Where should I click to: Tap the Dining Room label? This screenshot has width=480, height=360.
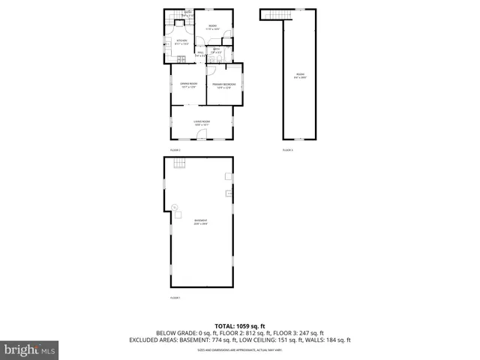point(188,85)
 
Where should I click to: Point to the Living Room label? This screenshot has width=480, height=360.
point(201,121)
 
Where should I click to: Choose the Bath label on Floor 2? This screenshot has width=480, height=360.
point(216,50)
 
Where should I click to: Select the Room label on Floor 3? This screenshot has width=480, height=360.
point(300,75)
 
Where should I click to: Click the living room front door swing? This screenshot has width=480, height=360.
point(200,135)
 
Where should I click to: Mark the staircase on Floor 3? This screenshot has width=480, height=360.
point(275,16)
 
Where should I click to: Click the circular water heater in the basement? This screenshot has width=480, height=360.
point(175,207)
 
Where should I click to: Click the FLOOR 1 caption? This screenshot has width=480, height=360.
point(175,298)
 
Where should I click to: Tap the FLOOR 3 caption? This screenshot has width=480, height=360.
point(287,150)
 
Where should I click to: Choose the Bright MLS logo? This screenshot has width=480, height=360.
point(30,349)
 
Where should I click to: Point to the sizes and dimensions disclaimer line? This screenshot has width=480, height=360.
point(240,349)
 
